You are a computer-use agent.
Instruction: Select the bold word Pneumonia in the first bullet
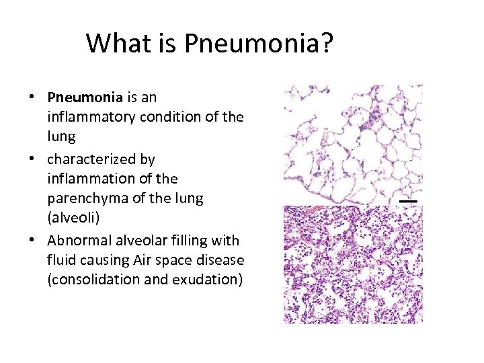click(81, 98)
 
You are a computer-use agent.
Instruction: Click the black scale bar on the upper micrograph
click(408, 200)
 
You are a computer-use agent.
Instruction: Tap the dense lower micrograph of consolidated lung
click(353, 264)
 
